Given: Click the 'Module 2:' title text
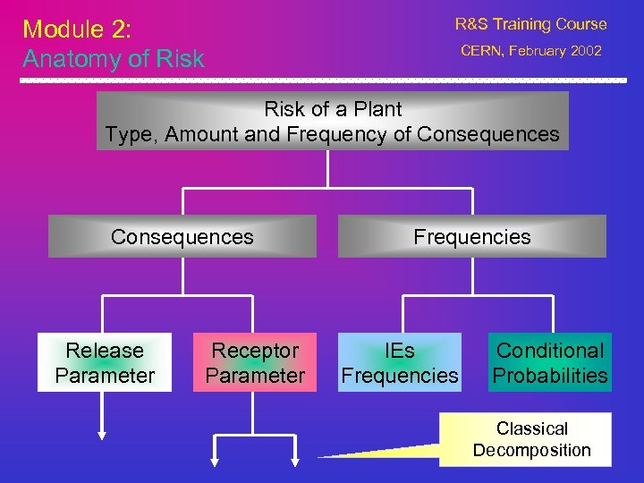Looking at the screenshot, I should click(x=77, y=29).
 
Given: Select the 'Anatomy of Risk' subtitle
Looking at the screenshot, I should click(x=114, y=59).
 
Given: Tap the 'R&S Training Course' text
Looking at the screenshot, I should click(x=530, y=24).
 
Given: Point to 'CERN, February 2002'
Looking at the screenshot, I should click(x=530, y=52).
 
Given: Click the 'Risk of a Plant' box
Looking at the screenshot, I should click(x=332, y=122).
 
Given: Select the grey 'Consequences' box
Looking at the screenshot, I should click(x=182, y=237).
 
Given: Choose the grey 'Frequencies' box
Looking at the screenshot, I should click(x=471, y=237).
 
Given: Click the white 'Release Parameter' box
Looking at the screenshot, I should click(x=105, y=363).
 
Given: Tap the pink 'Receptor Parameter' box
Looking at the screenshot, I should click(x=255, y=363).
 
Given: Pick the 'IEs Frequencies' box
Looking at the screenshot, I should click(x=399, y=363).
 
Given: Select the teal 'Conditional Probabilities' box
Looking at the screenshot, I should click(x=550, y=363).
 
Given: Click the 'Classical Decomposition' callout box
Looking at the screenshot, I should click(x=531, y=439).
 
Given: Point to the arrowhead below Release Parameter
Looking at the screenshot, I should click(x=102, y=435).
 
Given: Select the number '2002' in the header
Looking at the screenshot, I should click(x=585, y=52).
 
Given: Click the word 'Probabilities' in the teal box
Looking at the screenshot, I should click(x=550, y=376).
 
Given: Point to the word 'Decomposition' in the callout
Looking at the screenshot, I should click(x=531, y=450).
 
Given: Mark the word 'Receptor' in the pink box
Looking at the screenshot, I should click(x=255, y=351).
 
